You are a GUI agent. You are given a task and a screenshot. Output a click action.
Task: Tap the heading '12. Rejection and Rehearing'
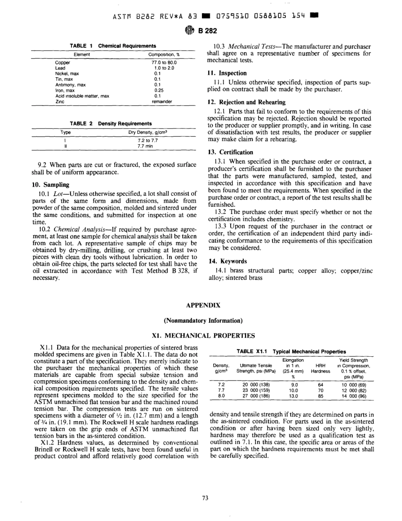(247, 102)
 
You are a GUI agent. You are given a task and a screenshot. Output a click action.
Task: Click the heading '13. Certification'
(230, 152)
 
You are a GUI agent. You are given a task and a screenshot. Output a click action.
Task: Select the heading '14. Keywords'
(227, 261)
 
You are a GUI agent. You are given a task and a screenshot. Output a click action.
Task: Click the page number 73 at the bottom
(205, 498)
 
